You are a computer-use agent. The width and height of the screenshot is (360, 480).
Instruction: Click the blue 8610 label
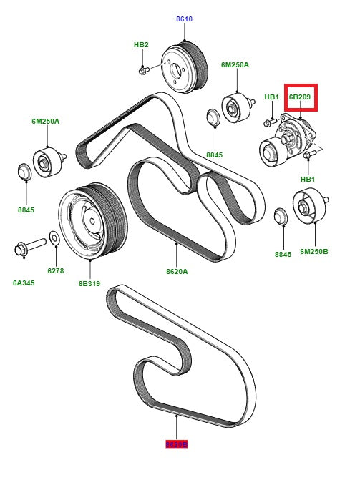(185, 19)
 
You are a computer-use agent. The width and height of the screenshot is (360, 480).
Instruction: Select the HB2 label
(141, 44)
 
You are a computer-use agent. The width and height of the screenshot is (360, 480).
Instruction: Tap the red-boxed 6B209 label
(300, 97)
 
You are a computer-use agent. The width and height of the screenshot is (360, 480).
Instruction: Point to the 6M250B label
(313, 252)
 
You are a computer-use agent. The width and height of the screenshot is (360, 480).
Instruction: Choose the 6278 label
(56, 272)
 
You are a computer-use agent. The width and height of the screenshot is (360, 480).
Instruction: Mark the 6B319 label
(90, 283)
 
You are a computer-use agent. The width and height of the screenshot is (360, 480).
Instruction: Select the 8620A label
(177, 271)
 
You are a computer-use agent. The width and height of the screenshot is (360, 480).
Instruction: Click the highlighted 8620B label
(176, 444)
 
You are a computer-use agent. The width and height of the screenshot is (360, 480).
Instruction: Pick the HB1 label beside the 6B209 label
(271, 97)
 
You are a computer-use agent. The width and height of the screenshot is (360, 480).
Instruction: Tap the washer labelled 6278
(55, 237)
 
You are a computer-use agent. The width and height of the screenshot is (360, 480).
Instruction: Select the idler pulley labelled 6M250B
(308, 208)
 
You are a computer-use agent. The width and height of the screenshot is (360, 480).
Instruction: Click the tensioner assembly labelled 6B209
(290, 140)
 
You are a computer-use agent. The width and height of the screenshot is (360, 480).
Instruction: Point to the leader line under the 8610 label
(185, 33)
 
